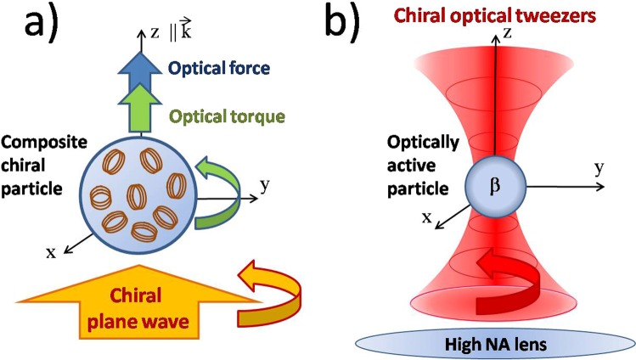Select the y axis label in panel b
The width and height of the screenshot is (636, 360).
(599, 170)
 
